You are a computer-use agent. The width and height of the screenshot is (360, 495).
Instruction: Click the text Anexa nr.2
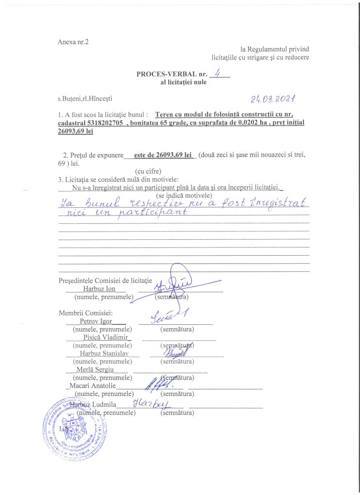[x=73, y=42]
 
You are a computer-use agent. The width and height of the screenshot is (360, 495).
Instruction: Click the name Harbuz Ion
[x=99, y=289]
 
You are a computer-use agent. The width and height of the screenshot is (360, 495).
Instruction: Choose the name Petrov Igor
[x=96, y=321]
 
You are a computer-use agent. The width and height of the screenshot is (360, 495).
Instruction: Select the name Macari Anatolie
[x=92, y=385]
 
